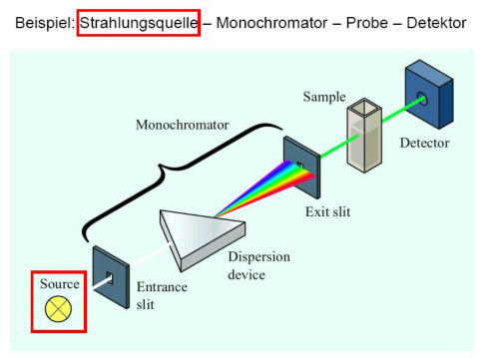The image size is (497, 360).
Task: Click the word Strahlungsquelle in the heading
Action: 139,21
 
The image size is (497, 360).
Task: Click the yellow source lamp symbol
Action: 59,309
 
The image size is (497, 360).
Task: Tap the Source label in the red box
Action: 59,284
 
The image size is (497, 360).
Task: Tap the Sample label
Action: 324,97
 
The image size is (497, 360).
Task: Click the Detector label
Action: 424,143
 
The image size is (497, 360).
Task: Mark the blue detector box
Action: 428,96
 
